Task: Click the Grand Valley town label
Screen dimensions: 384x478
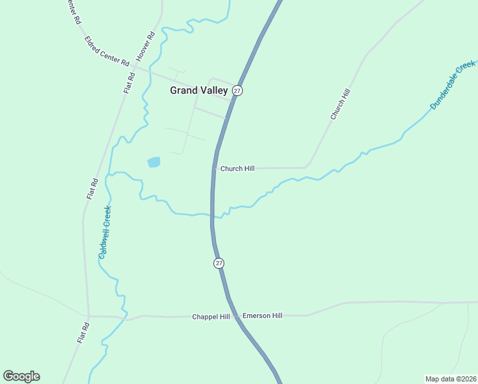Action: (199, 91)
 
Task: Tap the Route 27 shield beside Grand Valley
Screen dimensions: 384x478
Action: (237, 91)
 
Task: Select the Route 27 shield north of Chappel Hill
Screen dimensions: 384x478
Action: (219, 263)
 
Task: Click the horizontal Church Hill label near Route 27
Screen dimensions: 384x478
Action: (237, 168)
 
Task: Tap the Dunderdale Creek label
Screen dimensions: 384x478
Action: (453, 84)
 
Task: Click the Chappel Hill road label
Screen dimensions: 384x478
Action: (211, 317)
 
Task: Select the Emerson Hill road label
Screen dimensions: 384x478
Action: (262, 316)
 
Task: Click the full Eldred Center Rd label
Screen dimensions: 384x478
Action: (107, 51)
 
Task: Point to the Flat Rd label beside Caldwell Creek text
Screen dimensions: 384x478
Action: (92, 189)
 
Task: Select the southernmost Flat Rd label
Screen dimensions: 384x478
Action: (82, 333)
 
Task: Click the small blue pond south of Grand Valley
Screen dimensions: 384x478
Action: (154, 162)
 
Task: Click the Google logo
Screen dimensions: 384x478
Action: (22, 376)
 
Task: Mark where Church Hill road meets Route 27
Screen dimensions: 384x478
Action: (213, 168)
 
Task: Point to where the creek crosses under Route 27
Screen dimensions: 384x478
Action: (212, 216)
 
